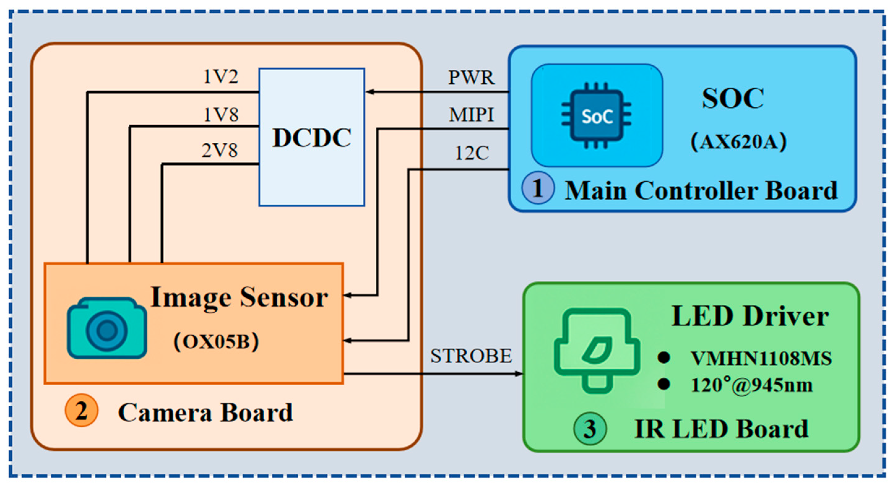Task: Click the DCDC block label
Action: click(x=312, y=137)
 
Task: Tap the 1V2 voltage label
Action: click(x=221, y=76)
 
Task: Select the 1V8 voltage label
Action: click(x=221, y=114)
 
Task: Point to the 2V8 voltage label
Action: click(x=220, y=150)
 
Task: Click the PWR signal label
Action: click(x=471, y=77)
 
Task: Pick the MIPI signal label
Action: click(x=471, y=114)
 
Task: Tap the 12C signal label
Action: click(x=472, y=153)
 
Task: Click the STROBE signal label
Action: click(x=471, y=356)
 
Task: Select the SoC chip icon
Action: click(x=597, y=116)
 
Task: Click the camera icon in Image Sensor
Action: click(x=107, y=328)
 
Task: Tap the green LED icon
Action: click(x=597, y=351)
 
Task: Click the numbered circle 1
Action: click(x=538, y=188)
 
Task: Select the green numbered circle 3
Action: click(x=590, y=429)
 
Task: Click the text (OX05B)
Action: click(x=216, y=342)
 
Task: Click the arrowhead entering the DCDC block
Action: click(x=370, y=92)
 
